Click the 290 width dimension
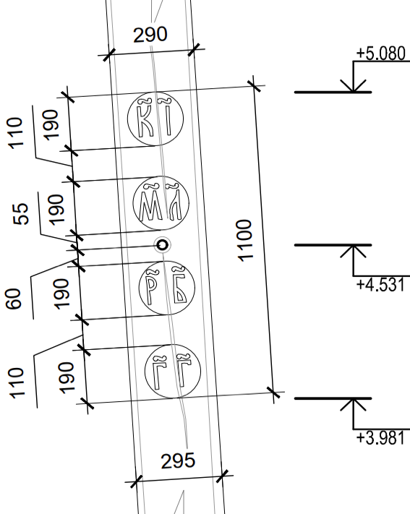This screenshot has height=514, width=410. (x=150, y=35)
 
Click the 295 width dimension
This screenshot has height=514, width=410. (x=178, y=461)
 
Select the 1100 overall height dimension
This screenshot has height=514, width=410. (x=245, y=241)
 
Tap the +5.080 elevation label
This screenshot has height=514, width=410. (x=381, y=53)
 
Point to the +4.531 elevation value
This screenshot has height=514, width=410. (x=381, y=285)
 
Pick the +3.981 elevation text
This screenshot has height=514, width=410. (x=381, y=438)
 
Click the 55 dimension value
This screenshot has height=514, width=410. (x=21, y=214)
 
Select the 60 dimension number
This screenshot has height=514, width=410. (x=14, y=299)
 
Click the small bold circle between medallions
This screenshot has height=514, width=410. (x=163, y=245)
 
